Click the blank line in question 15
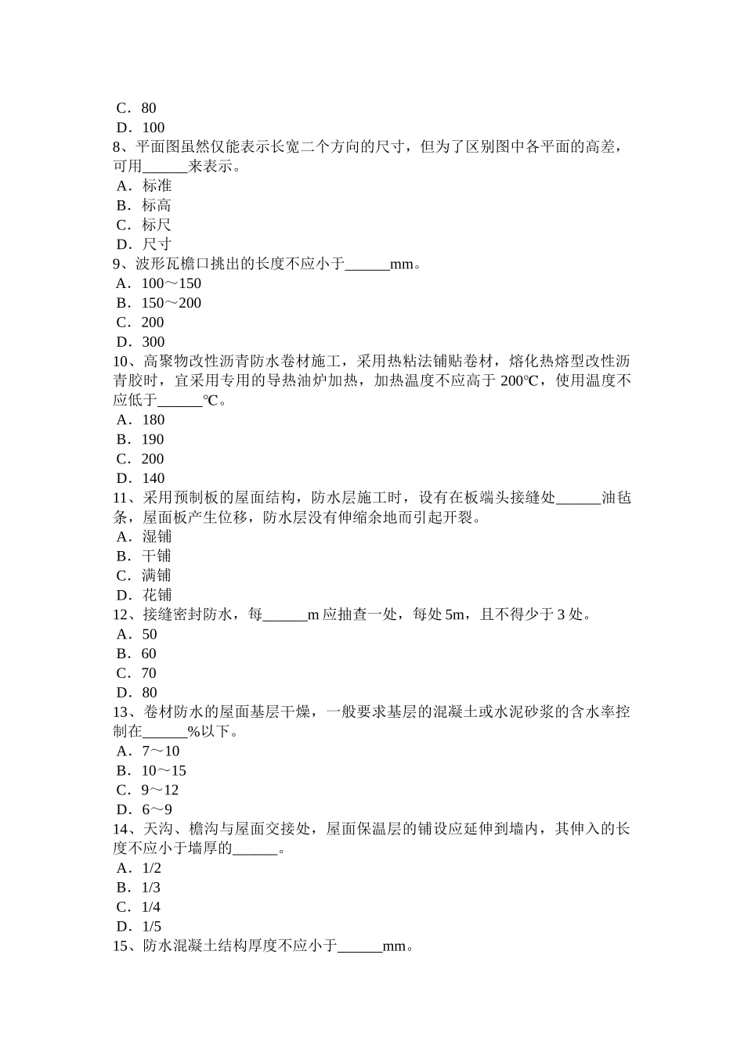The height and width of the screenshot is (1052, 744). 359,947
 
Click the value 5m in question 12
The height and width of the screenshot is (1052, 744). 454,614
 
